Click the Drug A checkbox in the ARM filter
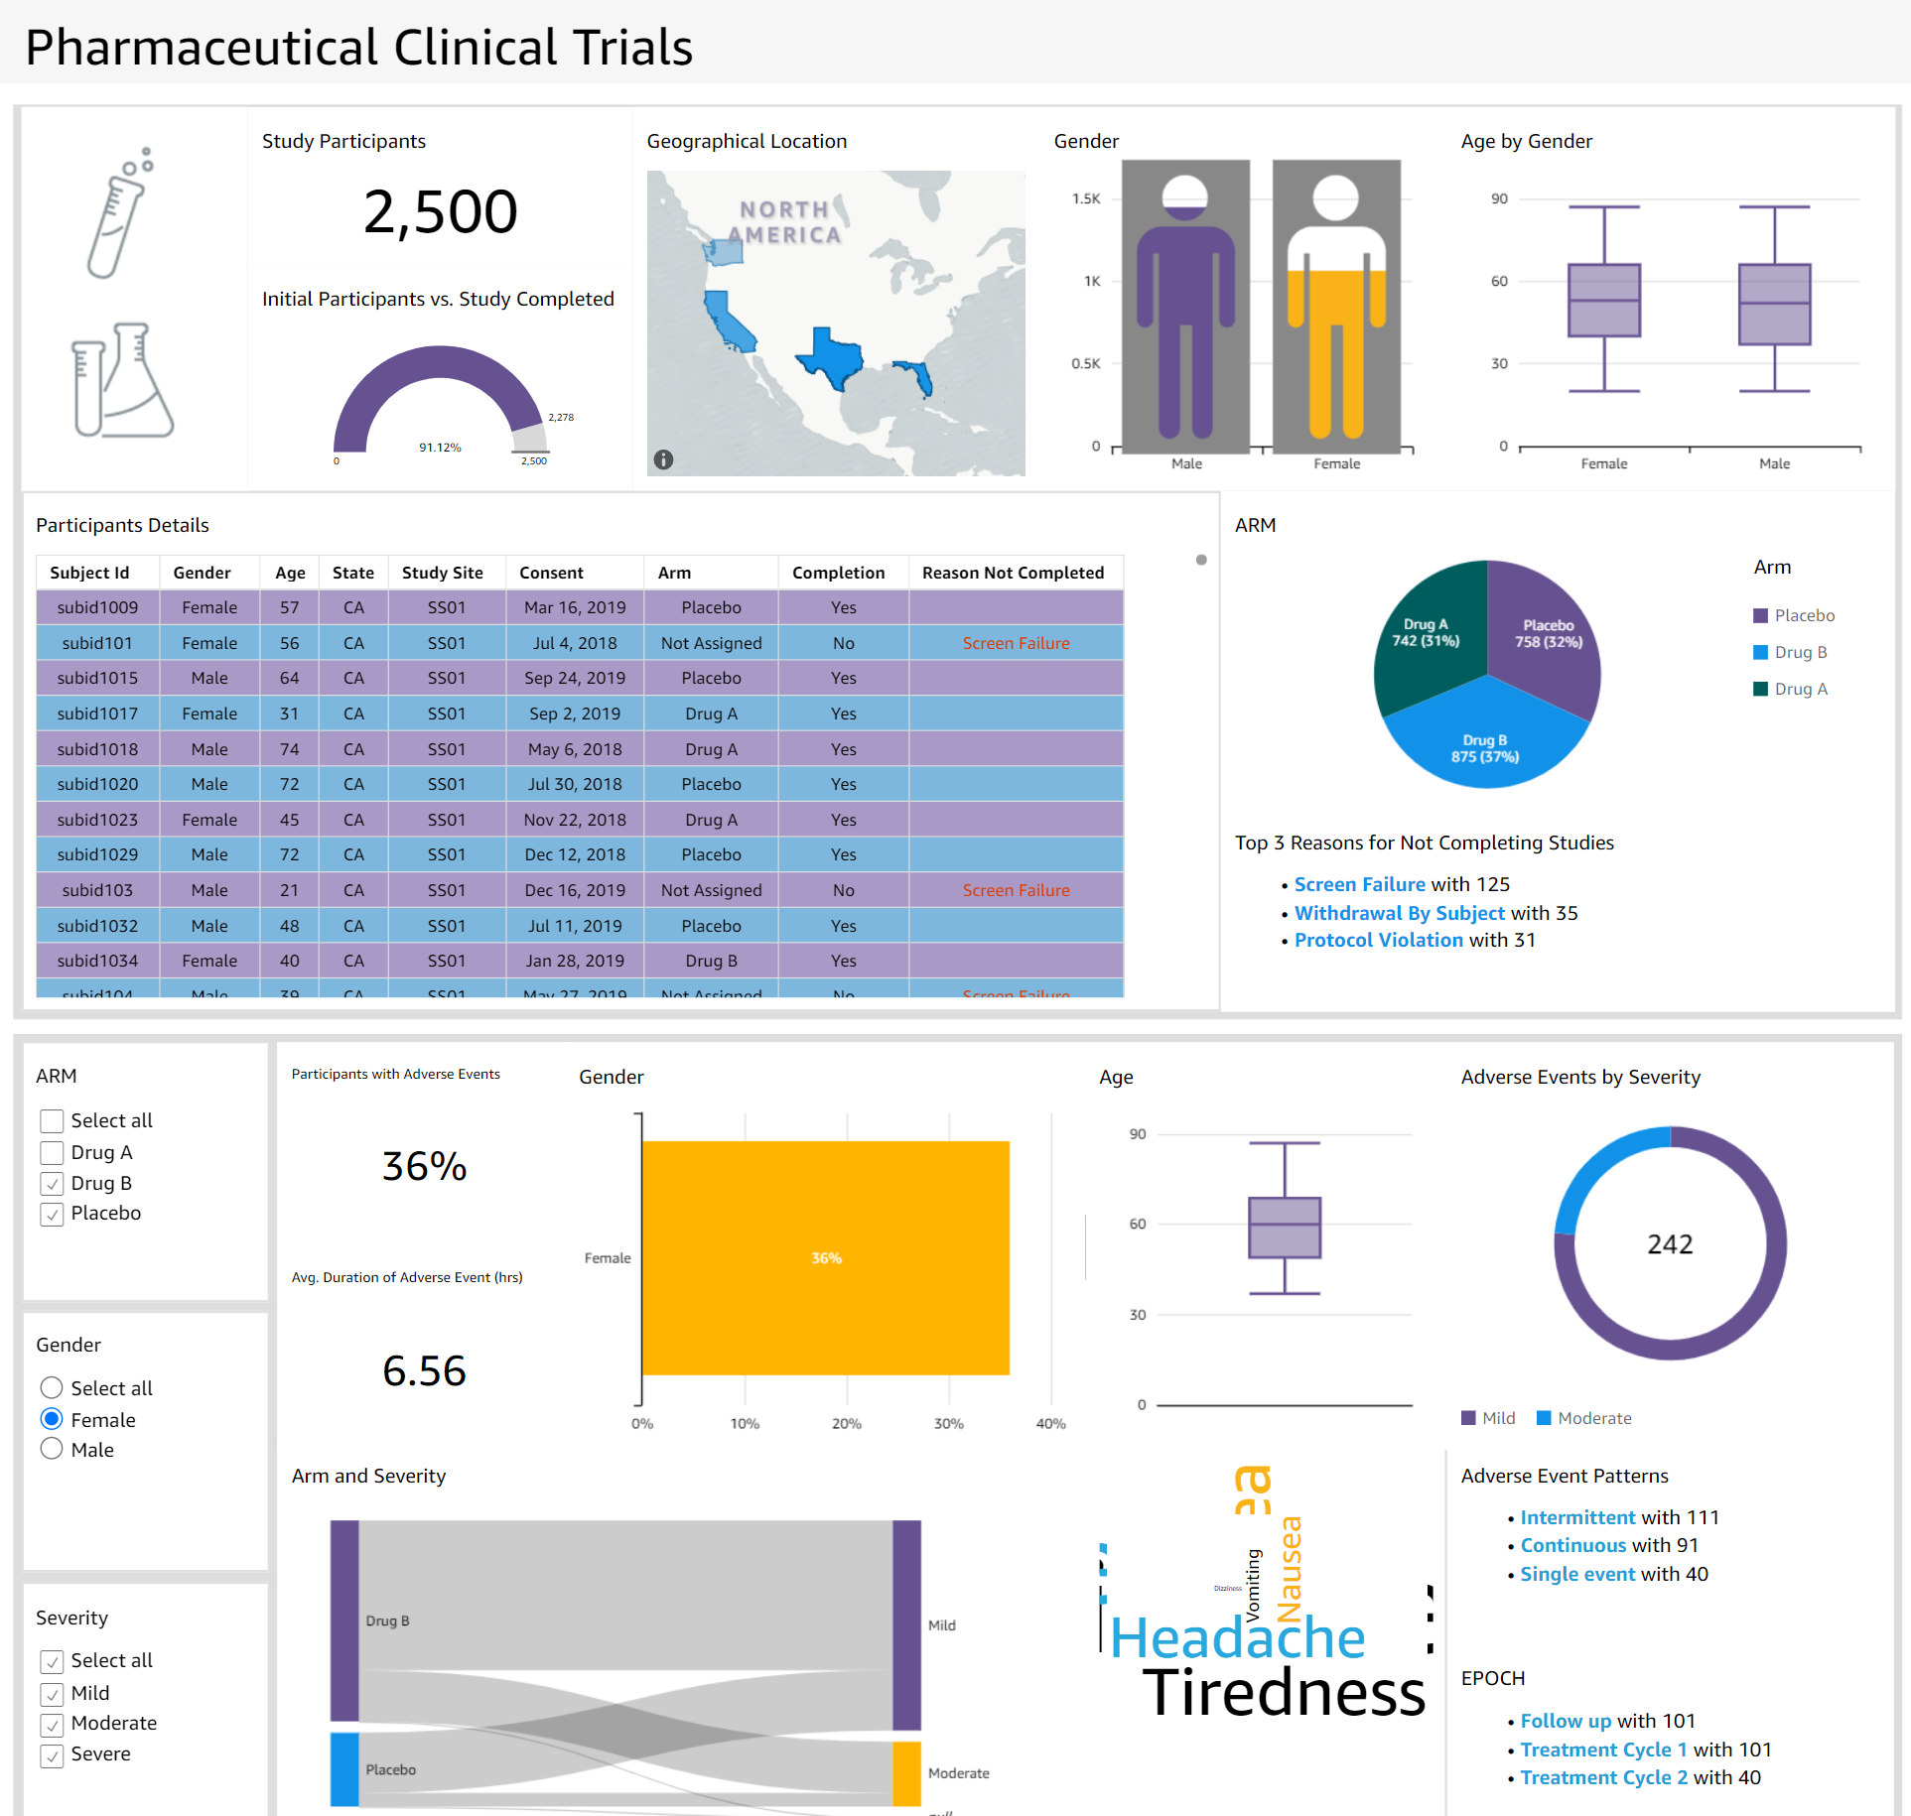click(53, 1152)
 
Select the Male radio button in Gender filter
click(53, 1450)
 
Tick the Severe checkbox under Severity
click(53, 1754)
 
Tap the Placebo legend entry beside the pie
click(1794, 615)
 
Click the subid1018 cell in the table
click(97, 749)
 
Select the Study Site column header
click(442, 573)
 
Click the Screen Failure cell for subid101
click(1016, 643)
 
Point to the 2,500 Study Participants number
click(440, 211)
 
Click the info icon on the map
click(664, 459)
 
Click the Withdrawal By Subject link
click(1399, 913)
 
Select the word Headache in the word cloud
click(1237, 1637)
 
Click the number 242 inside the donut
click(1670, 1244)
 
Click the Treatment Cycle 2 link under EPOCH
click(1603, 1777)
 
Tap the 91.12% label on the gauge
click(440, 448)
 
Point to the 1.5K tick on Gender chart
click(1086, 198)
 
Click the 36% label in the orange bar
click(826, 1258)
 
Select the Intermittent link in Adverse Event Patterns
click(1577, 1517)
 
